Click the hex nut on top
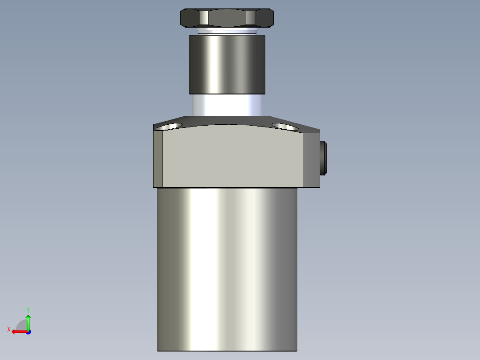click(227, 18)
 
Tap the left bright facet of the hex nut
click(203, 18)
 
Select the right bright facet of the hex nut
click(250, 18)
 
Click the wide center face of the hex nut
click(227, 18)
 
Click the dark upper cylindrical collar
click(227, 65)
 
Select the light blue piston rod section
click(227, 105)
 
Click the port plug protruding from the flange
click(324, 158)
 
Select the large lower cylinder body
click(227, 267)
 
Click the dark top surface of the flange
click(227, 120)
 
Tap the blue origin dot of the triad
click(28, 331)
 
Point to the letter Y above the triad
click(28, 309)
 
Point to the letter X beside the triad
click(9, 329)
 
